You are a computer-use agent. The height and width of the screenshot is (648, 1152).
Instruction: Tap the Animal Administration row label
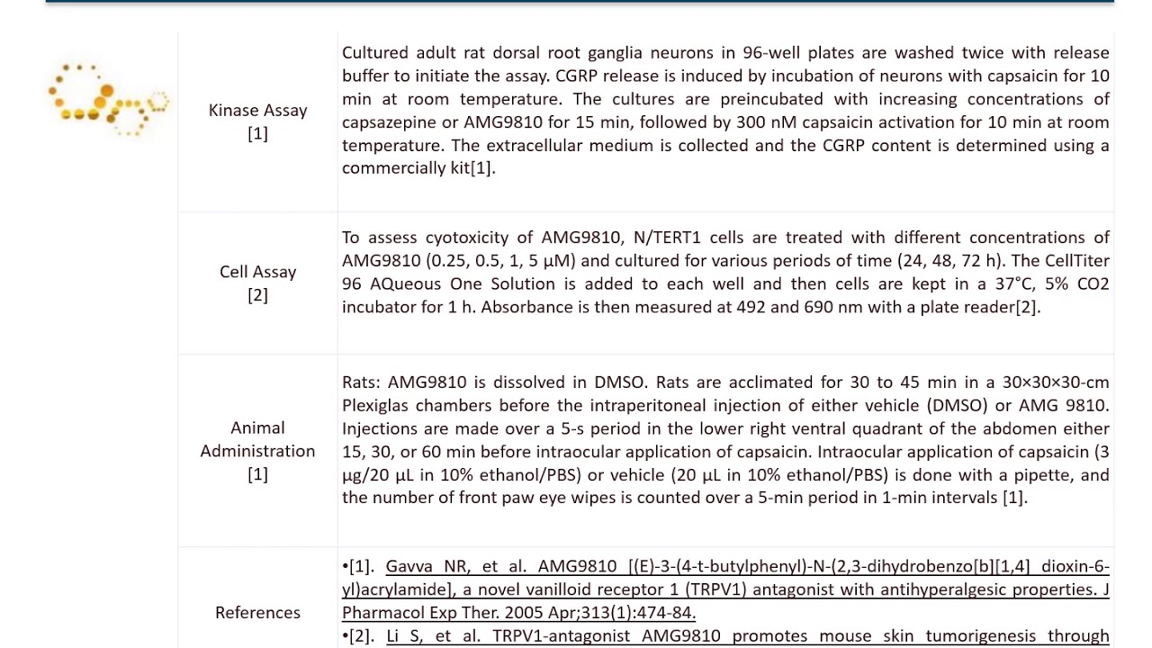tap(257, 450)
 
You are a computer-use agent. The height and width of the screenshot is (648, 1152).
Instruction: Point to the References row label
tap(257, 612)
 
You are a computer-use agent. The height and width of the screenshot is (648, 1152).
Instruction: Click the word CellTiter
tap(1071, 261)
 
